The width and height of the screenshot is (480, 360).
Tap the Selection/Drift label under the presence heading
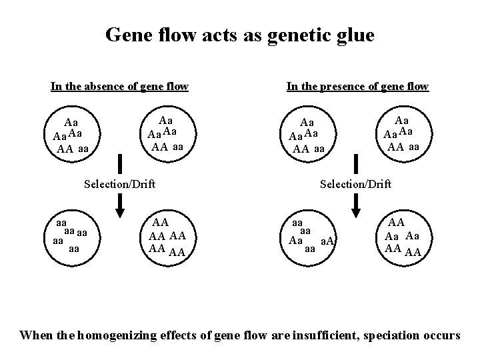(356, 183)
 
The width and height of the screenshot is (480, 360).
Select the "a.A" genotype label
(328, 241)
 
